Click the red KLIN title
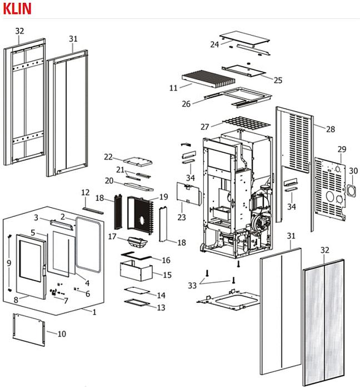click(x=17, y=8)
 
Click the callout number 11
click(x=173, y=88)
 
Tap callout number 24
click(x=214, y=44)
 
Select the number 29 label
click(x=342, y=149)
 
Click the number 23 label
click(x=182, y=217)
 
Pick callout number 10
click(x=62, y=334)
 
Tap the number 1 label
click(x=94, y=312)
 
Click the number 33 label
click(x=192, y=285)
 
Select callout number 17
click(x=112, y=237)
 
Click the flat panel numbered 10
click(x=29, y=327)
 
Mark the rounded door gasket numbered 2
click(x=88, y=245)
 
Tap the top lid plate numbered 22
click(x=137, y=161)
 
